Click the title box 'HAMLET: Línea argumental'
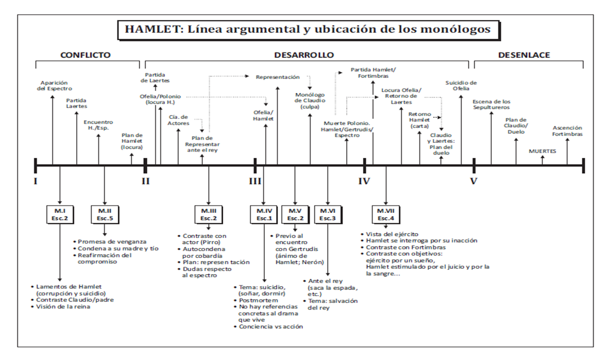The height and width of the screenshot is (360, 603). (x=307, y=29)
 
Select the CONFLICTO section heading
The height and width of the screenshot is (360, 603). (x=85, y=55)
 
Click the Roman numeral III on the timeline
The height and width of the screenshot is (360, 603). (x=255, y=181)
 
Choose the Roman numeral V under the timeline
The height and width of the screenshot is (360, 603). (x=474, y=181)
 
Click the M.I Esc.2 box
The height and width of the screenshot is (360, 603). (x=60, y=214)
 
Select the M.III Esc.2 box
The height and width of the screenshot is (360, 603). (x=208, y=214)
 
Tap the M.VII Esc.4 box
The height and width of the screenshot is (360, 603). (x=386, y=214)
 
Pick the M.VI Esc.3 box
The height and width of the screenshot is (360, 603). (x=328, y=214)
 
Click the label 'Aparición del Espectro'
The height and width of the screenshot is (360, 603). (x=54, y=85)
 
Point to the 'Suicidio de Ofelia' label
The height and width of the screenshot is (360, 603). (x=461, y=85)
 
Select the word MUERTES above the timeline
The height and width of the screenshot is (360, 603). (x=542, y=151)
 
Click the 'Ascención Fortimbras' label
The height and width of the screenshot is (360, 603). (x=568, y=131)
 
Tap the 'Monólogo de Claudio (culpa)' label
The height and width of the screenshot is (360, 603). (x=310, y=100)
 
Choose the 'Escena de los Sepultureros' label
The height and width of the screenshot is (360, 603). (x=491, y=104)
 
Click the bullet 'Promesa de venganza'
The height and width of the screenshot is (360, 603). (x=112, y=241)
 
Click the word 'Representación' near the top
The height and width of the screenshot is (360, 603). (x=277, y=77)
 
